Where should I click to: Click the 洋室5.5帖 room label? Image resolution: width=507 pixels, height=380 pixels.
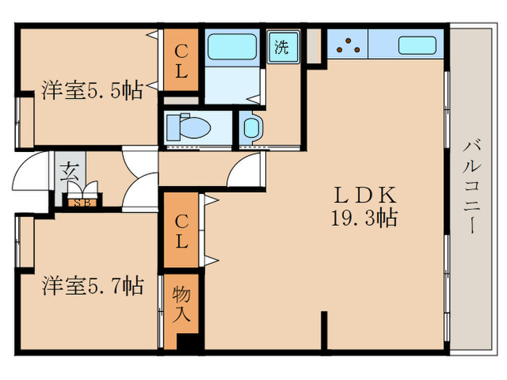click(x=92, y=90)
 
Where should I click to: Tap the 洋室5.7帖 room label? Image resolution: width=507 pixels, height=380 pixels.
click(x=93, y=286)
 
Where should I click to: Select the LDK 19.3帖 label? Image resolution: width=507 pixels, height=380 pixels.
click(x=364, y=207)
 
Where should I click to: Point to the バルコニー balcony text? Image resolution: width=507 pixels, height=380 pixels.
click(x=472, y=186)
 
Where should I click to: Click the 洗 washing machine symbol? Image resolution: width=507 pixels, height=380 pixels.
click(x=282, y=47)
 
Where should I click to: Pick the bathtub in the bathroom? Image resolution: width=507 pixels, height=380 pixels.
click(x=232, y=47)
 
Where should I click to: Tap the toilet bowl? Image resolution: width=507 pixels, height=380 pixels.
click(x=188, y=127)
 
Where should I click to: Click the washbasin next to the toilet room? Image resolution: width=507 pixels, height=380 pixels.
click(x=251, y=128)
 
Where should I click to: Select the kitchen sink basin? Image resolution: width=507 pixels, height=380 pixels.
click(x=417, y=45)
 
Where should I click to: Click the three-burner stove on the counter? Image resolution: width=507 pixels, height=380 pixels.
click(x=348, y=44)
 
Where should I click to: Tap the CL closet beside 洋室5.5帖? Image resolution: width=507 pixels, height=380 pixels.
click(x=181, y=60)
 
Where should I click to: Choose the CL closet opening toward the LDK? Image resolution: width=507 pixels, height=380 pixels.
click(x=181, y=230)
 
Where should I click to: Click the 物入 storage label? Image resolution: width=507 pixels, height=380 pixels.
click(x=181, y=305)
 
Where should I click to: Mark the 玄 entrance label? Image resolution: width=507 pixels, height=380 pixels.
click(x=70, y=172)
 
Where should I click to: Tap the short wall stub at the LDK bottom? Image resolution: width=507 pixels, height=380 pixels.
click(x=324, y=331)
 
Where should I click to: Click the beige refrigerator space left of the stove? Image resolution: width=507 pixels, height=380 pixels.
click(x=314, y=46)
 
